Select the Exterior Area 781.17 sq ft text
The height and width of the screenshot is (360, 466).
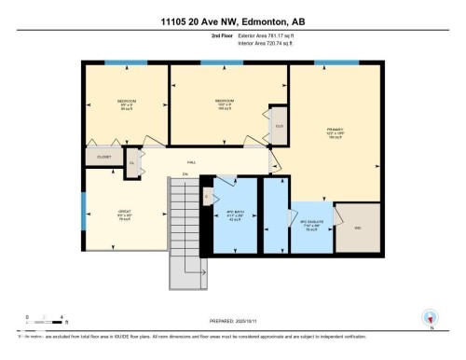[x=254, y=38]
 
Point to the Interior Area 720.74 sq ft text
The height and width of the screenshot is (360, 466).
[x=254, y=45]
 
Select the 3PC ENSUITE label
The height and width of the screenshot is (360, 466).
[x=309, y=225]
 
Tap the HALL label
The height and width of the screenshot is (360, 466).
[x=191, y=162]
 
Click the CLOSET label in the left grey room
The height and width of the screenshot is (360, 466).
[x=103, y=157]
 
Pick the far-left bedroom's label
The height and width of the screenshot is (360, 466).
[x=127, y=103]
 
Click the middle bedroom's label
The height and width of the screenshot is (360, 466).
[x=224, y=102]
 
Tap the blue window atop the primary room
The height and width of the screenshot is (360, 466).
[x=336, y=63]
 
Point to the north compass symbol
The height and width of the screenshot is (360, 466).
[x=430, y=317]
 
